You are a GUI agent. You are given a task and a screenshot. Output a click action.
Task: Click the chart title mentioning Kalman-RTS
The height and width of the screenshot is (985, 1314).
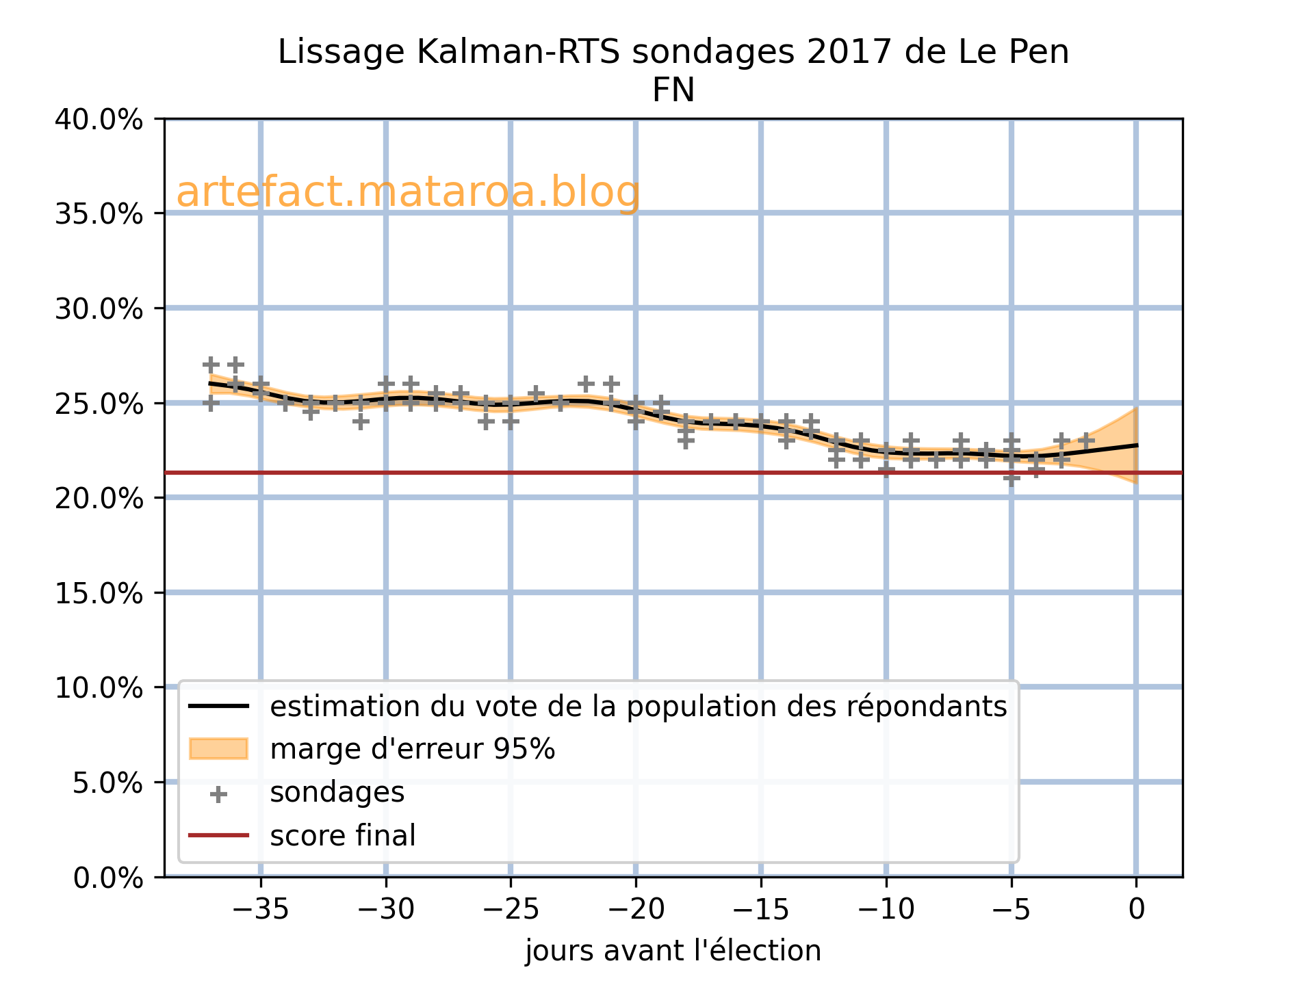(x=673, y=53)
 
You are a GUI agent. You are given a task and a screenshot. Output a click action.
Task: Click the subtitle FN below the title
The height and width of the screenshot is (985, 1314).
(x=673, y=90)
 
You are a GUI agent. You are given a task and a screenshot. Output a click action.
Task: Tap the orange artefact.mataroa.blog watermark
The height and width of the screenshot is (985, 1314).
(x=408, y=192)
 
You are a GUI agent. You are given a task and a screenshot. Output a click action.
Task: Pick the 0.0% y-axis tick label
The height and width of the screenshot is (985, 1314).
(x=108, y=877)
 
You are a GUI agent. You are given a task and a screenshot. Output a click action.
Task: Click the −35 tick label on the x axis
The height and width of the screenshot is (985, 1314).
(x=260, y=910)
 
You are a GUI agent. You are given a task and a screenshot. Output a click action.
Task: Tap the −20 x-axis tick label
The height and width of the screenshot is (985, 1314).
(x=635, y=910)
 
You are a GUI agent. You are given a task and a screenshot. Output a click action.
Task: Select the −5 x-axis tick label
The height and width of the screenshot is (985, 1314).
(x=1011, y=910)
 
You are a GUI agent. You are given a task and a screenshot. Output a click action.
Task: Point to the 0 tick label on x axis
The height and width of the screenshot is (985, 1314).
(x=1136, y=910)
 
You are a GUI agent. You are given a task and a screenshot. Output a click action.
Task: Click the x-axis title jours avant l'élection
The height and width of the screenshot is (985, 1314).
(x=673, y=951)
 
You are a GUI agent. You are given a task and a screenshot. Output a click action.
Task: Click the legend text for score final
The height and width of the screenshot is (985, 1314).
(x=342, y=836)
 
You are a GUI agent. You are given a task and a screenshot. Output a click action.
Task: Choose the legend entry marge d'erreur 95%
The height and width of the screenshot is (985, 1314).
(x=412, y=750)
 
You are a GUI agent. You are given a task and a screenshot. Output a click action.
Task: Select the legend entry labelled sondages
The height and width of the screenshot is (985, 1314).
(x=337, y=793)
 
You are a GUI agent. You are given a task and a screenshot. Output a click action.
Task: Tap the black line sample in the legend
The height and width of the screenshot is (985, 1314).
(x=218, y=706)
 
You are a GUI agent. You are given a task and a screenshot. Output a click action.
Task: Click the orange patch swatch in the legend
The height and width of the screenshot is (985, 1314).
(x=218, y=749)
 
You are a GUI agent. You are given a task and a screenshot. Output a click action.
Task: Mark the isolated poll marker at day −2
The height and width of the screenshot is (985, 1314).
(x=1086, y=441)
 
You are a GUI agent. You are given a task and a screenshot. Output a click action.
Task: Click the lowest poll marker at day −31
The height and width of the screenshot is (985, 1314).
(x=361, y=421)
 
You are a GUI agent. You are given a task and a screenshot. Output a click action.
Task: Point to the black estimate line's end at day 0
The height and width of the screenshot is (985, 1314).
(x=1136, y=445)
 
